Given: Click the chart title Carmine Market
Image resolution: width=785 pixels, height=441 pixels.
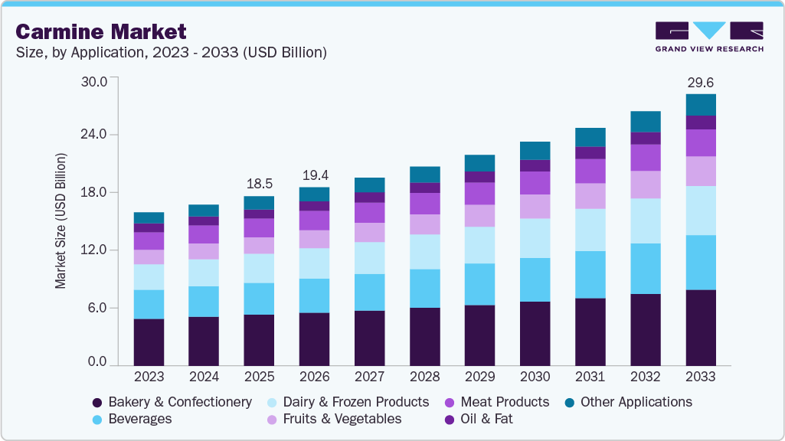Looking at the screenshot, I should click(100, 32).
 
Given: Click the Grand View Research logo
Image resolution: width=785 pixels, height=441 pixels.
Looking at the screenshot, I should click(708, 36).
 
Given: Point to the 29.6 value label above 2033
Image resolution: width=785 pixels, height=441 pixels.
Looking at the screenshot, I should click(700, 82).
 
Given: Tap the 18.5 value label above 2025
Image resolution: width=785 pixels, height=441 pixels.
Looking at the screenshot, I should click(259, 184).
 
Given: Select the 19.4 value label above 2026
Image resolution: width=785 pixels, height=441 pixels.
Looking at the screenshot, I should click(314, 175).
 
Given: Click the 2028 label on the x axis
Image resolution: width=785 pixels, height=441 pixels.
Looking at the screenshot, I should click(424, 377).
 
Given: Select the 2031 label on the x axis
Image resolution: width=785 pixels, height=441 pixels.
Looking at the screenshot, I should click(590, 377).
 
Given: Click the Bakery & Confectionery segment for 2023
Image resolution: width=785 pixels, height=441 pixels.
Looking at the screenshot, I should click(149, 342).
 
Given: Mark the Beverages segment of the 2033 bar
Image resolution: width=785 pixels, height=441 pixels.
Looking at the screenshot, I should click(700, 263).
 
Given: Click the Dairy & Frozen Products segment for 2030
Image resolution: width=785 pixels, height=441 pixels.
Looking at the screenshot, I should click(535, 238).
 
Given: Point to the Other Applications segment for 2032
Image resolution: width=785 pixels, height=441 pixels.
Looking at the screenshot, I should click(645, 122).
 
